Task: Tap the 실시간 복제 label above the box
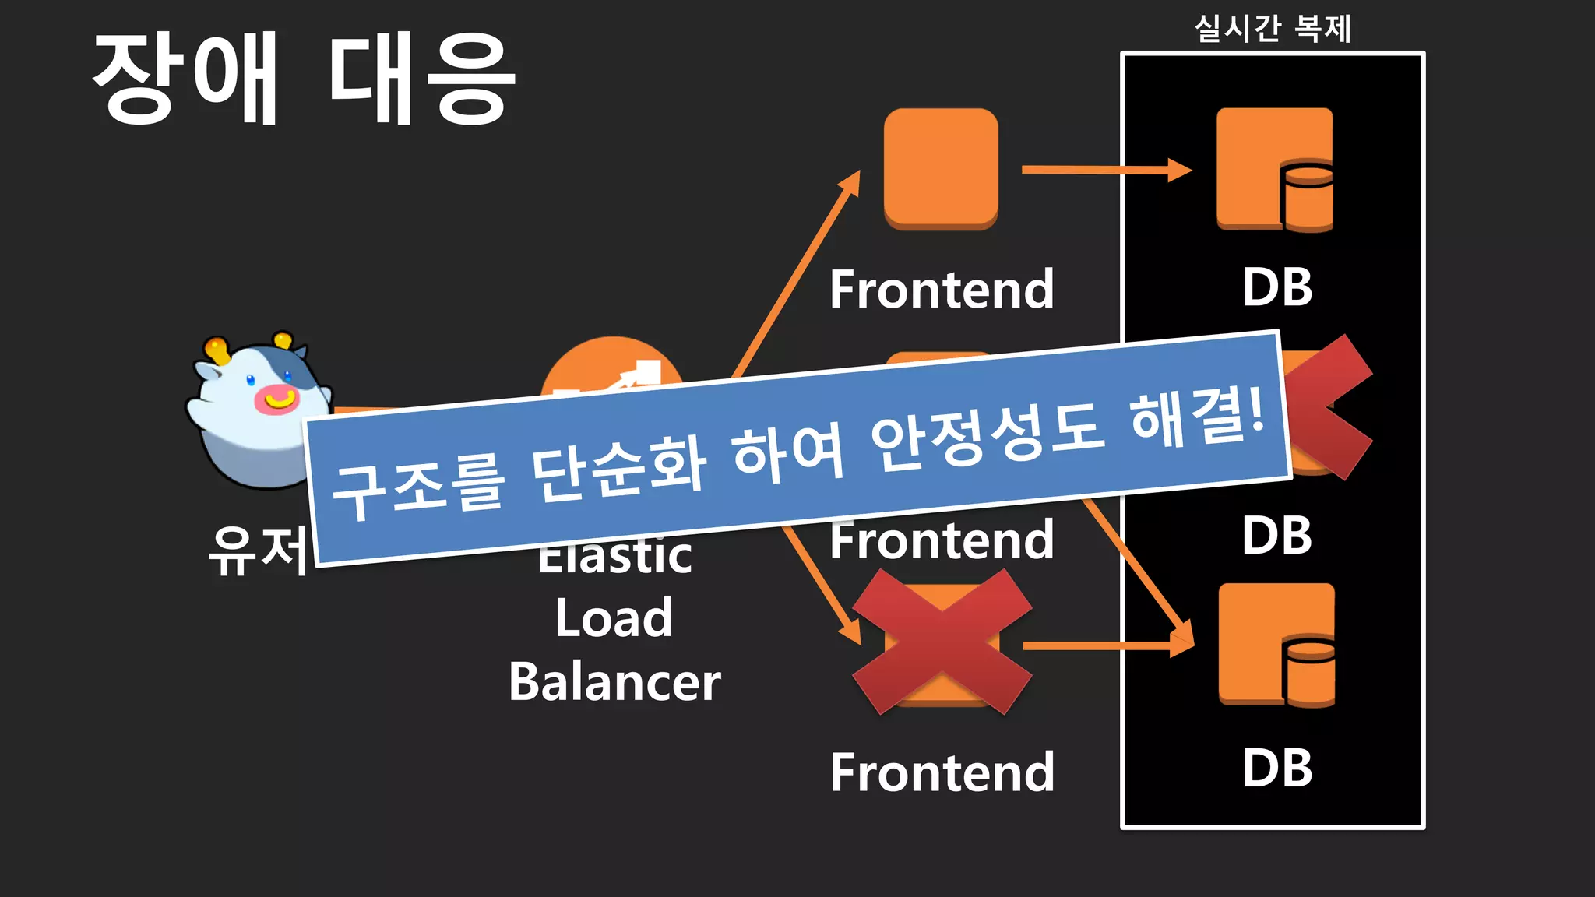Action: click(1273, 30)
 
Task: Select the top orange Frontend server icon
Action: click(941, 168)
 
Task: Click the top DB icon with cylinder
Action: click(1275, 170)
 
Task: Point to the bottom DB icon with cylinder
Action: click(1276, 645)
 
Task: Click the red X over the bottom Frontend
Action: click(942, 642)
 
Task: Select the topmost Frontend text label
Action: click(942, 290)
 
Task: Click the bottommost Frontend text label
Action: click(942, 772)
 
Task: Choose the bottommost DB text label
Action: click(1277, 769)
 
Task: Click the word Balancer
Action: click(614, 682)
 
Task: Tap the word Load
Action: click(614, 618)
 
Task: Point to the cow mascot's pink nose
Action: click(276, 399)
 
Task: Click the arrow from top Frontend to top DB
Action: click(1106, 169)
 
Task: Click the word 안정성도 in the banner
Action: click(986, 439)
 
